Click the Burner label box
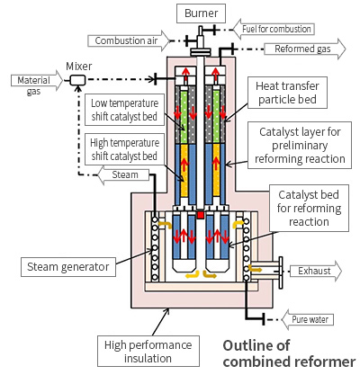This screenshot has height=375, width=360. tap(201, 13)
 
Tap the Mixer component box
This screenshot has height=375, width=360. tap(78, 80)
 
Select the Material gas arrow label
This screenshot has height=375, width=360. tap(37, 82)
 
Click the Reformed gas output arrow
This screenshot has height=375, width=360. tap(305, 49)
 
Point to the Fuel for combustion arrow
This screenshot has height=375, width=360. tap(274, 29)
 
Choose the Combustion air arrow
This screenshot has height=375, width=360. tap(129, 40)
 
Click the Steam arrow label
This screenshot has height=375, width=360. tap(123, 174)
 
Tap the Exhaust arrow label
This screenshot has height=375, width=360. tap(316, 271)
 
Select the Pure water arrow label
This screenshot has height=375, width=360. tap(308, 319)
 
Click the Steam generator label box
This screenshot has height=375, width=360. tap(68, 267)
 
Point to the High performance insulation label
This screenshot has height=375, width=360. tap(148, 352)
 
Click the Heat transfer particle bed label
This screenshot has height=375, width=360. tap(287, 93)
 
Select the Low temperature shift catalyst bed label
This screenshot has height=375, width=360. tap(124, 110)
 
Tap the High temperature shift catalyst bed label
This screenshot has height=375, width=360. tap(124, 149)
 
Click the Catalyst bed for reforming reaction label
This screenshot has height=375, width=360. tap(309, 208)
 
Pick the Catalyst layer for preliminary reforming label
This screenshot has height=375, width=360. tap(300, 145)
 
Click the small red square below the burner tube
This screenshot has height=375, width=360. tap(200, 215)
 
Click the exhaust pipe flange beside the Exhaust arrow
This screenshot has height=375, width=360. tap(281, 272)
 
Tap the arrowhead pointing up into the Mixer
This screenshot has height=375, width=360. tap(78, 88)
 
